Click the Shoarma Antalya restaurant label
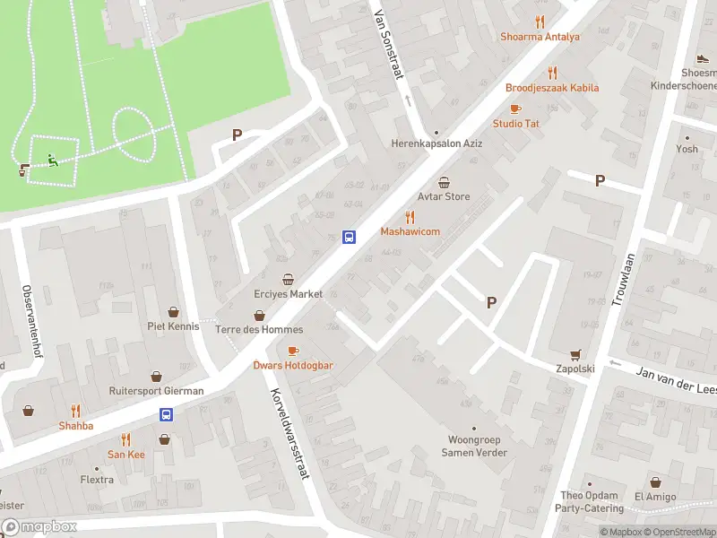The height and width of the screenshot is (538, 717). (540, 37)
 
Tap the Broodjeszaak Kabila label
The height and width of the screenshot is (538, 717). (552, 88)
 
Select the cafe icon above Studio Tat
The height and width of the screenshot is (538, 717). (515, 108)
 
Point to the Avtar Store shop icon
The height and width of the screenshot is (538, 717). (444, 182)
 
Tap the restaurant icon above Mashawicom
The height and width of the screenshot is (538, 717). (410, 216)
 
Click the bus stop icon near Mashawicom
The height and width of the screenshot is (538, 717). (349, 237)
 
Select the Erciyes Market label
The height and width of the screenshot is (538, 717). (288, 294)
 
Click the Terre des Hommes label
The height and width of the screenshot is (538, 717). (259, 329)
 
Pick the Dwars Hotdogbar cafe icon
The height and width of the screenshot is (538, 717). (293, 351)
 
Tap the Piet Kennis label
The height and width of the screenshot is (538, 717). (173, 326)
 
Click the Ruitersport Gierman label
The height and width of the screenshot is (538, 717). (156, 391)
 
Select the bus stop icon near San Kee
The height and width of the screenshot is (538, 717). (166, 414)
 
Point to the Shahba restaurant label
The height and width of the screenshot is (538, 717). (75, 426)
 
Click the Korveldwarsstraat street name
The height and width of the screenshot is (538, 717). (289, 434)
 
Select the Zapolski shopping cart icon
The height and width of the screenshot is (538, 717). (575, 354)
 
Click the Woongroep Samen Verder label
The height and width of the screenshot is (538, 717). (474, 447)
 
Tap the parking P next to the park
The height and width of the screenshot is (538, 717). (237, 135)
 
